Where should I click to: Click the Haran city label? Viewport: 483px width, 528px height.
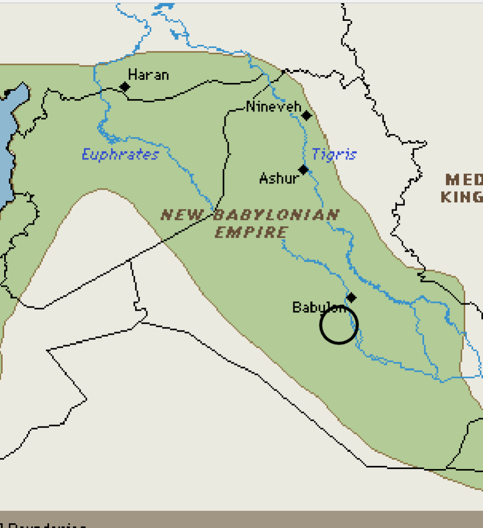(148, 75)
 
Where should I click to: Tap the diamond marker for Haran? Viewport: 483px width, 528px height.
(125, 87)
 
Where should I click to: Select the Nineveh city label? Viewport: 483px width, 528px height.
(274, 107)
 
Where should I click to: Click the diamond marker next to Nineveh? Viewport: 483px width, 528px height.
(306, 115)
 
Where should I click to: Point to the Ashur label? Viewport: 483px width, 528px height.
(279, 179)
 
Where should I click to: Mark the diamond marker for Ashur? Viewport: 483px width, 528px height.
(303, 169)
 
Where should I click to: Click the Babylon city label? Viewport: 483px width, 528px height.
(319, 308)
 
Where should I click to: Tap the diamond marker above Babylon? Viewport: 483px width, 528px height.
(351, 298)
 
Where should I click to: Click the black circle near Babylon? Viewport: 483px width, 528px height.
(339, 325)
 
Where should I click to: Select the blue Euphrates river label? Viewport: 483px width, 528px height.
(120, 155)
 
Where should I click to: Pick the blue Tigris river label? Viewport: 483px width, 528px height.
(334, 155)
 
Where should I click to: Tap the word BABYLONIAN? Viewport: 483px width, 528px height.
(276, 215)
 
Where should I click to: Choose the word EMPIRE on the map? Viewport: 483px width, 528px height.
(251, 232)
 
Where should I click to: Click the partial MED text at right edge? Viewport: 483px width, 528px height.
(463, 180)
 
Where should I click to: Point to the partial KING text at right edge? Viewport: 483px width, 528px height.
(462, 197)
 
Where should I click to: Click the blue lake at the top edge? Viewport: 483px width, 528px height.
(166, 7)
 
